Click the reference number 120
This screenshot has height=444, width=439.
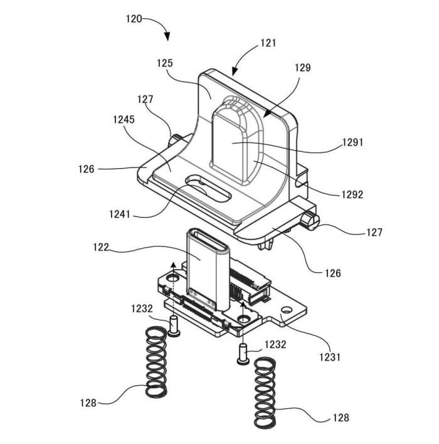point(134,19)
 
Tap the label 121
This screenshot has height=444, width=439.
point(268,43)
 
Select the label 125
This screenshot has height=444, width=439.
point(165,63)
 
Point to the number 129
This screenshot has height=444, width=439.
point(303,68)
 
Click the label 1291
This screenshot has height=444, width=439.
point(352,142)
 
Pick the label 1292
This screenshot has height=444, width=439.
point(352,194)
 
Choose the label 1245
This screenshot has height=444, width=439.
point(124,120)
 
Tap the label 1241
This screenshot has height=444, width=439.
point(120,214)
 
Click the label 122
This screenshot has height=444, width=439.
point(101,247)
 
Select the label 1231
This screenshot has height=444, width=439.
point(330,357)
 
